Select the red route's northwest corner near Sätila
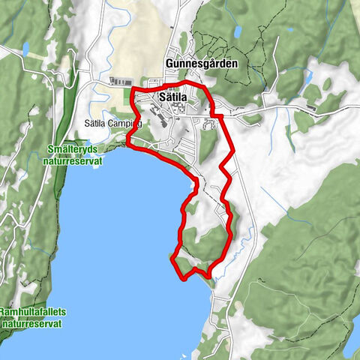(133, 90)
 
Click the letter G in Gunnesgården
(169, 64)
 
